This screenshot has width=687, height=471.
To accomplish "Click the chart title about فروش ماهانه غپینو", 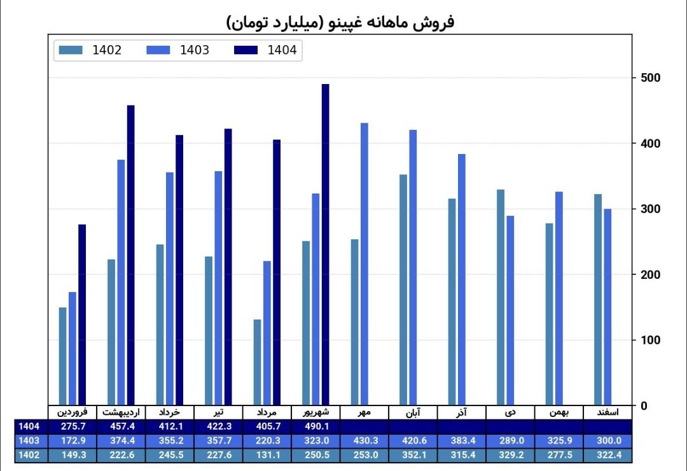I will pos(340,23).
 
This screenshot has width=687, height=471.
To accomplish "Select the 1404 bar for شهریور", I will pos(325,244).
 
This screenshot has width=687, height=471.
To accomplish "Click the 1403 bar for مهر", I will pos(364,264).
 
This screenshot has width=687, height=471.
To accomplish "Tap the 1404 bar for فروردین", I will pos(82,314).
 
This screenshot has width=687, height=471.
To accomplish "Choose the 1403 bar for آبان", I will pos(413,267).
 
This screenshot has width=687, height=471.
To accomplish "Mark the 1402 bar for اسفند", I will pos(598,299).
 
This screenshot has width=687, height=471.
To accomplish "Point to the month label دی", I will pos(510,412).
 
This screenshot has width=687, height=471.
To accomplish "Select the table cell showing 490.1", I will pos(316,426).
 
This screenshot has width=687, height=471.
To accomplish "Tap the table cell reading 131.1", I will pos(267,454).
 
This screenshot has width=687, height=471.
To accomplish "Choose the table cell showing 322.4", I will pos(607,454).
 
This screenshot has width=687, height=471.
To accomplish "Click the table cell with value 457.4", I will pos(121,426).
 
